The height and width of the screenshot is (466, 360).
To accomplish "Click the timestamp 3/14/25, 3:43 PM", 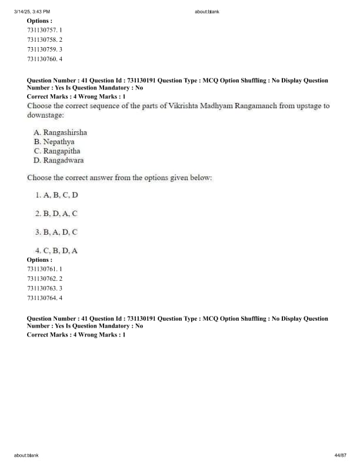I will coord(32,12).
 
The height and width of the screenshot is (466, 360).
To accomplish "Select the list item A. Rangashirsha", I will coord(61,132).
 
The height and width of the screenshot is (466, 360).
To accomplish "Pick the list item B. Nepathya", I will coord(54,142).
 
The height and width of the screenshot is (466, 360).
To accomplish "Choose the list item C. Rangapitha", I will coord(57,151).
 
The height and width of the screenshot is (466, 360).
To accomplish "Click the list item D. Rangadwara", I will coord(59,160).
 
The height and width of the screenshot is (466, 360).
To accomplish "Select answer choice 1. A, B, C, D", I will coord(56,195).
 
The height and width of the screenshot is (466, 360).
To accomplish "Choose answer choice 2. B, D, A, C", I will coord(56,213).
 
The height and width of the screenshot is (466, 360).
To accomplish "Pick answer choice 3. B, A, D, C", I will coord(56,232).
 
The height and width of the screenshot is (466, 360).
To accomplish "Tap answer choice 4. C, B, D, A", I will coord(56,251).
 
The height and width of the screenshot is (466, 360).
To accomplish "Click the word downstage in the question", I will coord(45,115).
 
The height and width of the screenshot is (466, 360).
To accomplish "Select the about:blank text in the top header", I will coord(206,12).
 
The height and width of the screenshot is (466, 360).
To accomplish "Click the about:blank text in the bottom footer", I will coord(26,455).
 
